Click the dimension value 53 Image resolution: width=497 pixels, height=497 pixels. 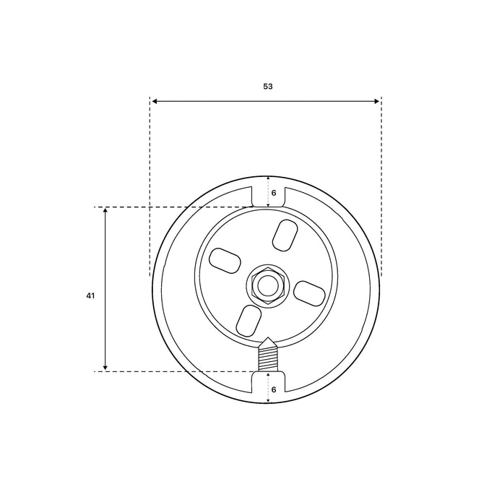pyautogui.click(x=268, y=86)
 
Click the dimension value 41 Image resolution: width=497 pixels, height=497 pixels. pyautogui.click(x=90, y=295)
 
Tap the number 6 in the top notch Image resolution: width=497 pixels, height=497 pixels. pyautogui.click(x=274, y=193)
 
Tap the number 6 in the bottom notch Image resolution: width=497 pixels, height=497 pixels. pyautogui.click(x=274, y=389)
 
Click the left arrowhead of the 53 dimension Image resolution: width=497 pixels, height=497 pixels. pyautogui.click(x=155, y=101)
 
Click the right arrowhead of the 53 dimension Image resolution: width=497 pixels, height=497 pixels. pyautogui.click(x=376, y=101)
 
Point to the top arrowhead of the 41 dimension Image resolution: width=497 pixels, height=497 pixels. pyautogui.click(x=105, y=211)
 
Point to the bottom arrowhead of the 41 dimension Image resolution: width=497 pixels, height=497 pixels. pyautogui.click(x=105, y=367)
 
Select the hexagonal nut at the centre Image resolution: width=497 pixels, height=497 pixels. pyautogui.click(x=269, y=285)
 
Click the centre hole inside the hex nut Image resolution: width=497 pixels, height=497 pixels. pyautogui.click(x=268, y=285)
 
